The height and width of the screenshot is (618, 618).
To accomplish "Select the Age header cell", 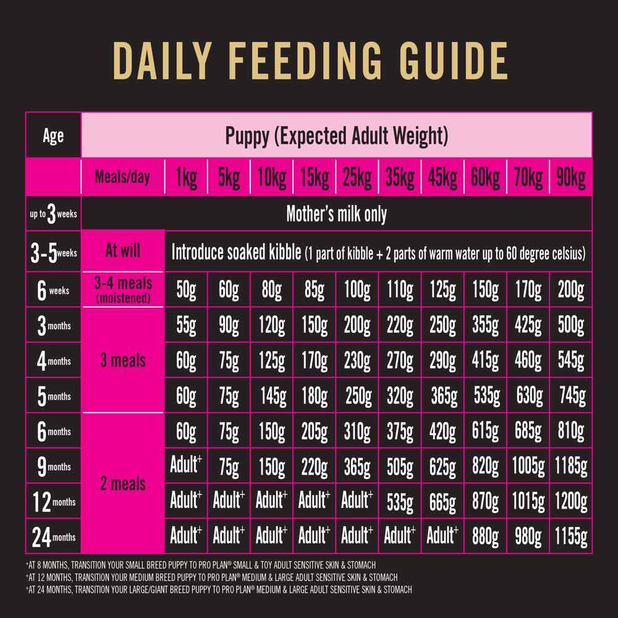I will [53, 135].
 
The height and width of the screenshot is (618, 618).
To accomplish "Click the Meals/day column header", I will [122, 178].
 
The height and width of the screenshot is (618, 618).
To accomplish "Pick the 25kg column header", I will [357, 178].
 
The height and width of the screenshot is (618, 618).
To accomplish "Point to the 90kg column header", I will [570, 178].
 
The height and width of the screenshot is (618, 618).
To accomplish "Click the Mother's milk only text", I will [336, 214].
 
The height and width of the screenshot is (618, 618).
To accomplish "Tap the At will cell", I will [122, 250].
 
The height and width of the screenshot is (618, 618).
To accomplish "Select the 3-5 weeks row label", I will [53, 253].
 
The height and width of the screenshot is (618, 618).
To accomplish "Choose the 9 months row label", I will [53, 467].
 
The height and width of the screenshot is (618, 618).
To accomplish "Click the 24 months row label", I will [53, 537].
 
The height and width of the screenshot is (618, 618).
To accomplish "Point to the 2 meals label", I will [122, 483].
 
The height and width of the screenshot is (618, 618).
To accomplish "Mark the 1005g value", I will [528, 467].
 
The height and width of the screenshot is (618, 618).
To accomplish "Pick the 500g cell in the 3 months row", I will [570, 325].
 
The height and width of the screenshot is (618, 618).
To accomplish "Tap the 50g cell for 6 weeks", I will [186, 289].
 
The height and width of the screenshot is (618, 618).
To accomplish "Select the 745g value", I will [570, 396].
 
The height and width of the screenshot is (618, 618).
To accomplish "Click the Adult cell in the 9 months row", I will [186, 465].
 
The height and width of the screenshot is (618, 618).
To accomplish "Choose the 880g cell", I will [485, 537].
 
